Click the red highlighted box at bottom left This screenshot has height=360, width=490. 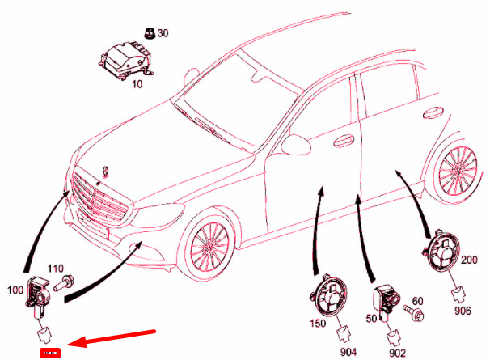point(52,353)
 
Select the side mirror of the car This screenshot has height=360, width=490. point(295,146)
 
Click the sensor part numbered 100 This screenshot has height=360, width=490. point(38,291)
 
